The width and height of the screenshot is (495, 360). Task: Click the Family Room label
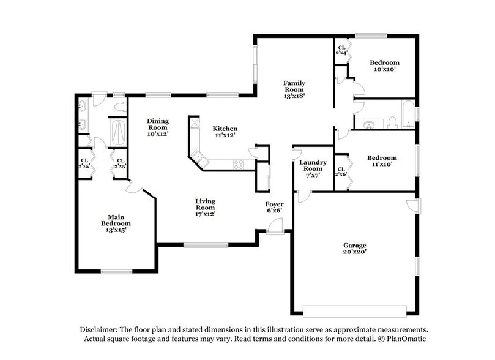294,89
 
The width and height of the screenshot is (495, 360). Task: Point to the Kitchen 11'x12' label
224,132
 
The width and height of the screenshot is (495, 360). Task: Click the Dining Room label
157,127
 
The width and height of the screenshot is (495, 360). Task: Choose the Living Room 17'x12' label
205,207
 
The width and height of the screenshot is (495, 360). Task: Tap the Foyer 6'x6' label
274,207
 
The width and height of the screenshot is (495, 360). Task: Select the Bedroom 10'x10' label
384,66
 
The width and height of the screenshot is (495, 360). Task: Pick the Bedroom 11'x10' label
382,160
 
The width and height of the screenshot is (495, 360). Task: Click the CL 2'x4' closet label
341,50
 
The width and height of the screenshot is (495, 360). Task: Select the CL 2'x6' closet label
341,173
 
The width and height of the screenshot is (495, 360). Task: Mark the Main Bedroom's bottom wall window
117,272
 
